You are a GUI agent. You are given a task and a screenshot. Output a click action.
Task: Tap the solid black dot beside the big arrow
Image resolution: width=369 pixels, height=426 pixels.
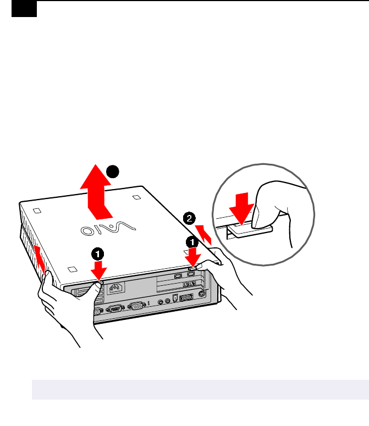click(113, 172)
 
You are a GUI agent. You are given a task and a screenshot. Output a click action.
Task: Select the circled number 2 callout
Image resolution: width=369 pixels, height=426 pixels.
click(188, 218)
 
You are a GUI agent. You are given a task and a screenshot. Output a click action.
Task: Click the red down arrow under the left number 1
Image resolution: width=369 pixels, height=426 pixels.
click(99, 270)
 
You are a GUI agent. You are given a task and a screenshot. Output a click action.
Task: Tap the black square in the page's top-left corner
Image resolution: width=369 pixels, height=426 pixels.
click(24, 8)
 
